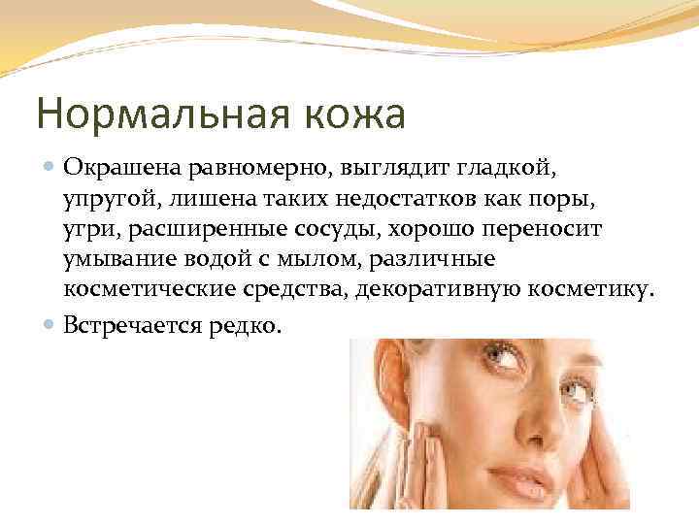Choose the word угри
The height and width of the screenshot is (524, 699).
[x=84, y=230]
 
